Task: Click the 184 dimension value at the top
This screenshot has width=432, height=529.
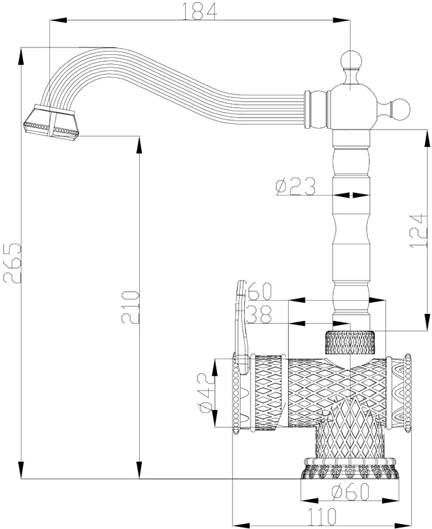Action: pyautogui.click(x=200, y=10)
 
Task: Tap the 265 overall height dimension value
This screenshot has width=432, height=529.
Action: pyautogui.click(x=12, y=263)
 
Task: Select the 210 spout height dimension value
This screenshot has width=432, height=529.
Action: pyautogui.click(x=130, y=307)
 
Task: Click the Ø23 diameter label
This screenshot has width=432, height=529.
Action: pyautogui.click(x=296, y=187)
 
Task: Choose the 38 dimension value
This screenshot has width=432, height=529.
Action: pyautogui.click(x=259, y=315)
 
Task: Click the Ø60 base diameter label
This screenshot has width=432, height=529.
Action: pyautogui.click(x=350, y=492)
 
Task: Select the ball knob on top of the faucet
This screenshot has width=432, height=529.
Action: pyautogui.click(x=351, y=61)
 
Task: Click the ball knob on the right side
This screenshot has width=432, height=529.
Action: pyautogui.click(x=399, y=110)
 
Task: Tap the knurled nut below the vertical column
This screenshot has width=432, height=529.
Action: pyautogui.click(x=350, y=342)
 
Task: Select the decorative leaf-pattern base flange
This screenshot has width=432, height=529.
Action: pyautogui.click(x=350, y=468)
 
